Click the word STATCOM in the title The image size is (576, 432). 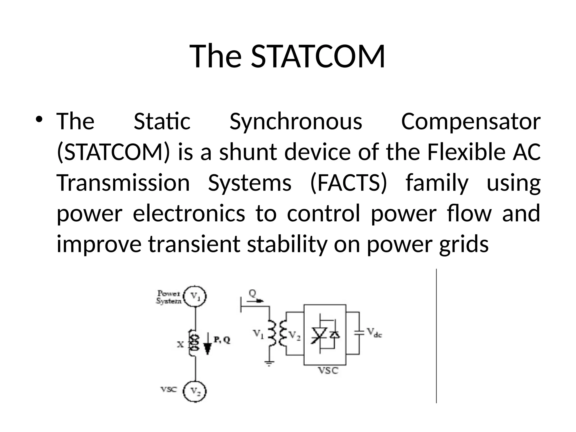point(318,56)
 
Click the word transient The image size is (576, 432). point(194,244)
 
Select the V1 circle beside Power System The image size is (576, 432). point(195,296)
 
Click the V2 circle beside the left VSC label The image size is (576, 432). point(195,391)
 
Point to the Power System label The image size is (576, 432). point(169,297)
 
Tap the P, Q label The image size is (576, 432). point(222,340)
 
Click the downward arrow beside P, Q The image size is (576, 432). point(208,345)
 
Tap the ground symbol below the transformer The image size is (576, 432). point(269,363)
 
